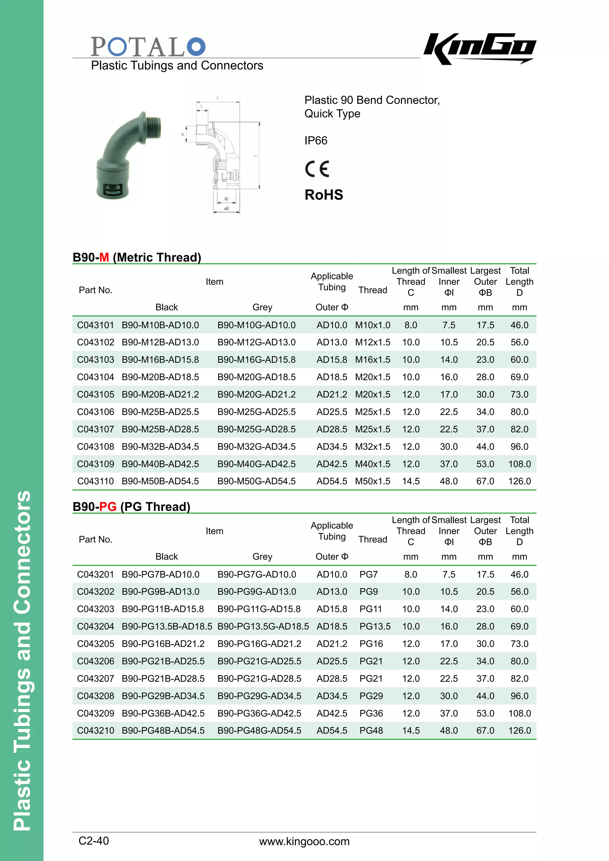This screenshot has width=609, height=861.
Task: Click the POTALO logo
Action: (148, 46)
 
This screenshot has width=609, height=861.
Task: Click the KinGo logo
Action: (480, 48)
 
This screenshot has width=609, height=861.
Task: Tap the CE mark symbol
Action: (317, 169)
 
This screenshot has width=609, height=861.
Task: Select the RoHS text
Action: (324, 195)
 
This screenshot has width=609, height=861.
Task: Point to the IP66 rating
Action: (316, 141)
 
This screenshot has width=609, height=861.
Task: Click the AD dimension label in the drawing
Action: (226, 199)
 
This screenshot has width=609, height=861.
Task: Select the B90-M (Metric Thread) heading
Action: (137, 257)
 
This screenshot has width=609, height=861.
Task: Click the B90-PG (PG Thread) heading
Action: (131, 507)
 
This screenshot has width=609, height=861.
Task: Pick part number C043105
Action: (95, 395)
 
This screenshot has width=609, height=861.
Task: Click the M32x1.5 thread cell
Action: (372, 447)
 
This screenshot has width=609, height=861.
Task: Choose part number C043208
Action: (95, 696)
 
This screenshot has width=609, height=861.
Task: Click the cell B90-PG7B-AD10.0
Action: (161, 574)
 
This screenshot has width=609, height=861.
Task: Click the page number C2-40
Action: (94, 841)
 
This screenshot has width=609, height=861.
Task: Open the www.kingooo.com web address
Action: (304, 841)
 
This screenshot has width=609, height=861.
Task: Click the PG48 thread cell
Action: (371, 730)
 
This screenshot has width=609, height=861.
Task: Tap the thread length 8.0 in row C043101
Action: (411, 325)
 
